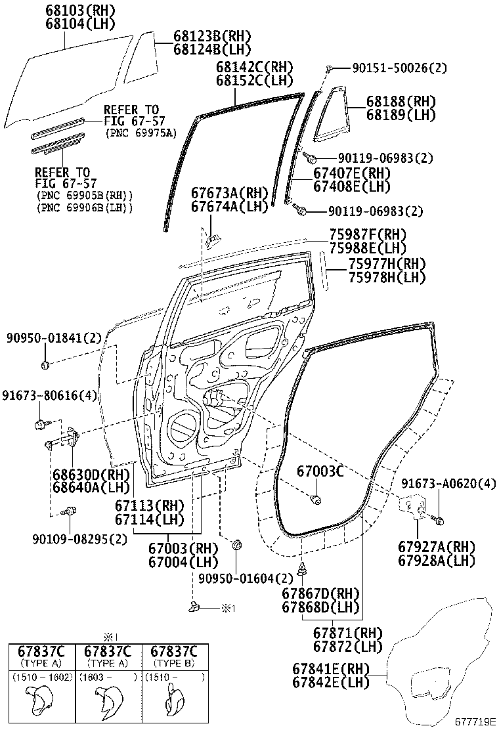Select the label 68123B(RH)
213,36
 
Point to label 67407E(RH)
352,173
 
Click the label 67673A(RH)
230,193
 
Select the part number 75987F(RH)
368,235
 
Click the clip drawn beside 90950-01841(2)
46,364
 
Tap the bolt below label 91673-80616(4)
41,424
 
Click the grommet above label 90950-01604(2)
237,545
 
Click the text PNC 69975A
141,133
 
